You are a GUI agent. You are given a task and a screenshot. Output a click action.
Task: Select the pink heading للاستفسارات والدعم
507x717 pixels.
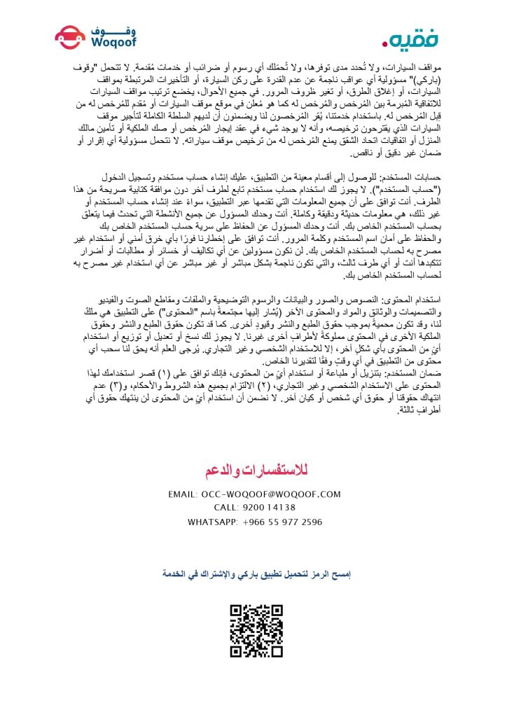[x=253, y=468]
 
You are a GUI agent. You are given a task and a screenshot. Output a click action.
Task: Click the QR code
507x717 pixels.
[x=257, y=631]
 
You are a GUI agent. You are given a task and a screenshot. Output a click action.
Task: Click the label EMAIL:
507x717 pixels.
[x=183, y=494]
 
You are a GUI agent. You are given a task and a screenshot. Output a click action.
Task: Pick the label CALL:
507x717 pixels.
[x=226, y=508]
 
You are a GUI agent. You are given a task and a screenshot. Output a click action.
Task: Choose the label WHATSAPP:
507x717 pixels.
[x=212, y=522]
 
